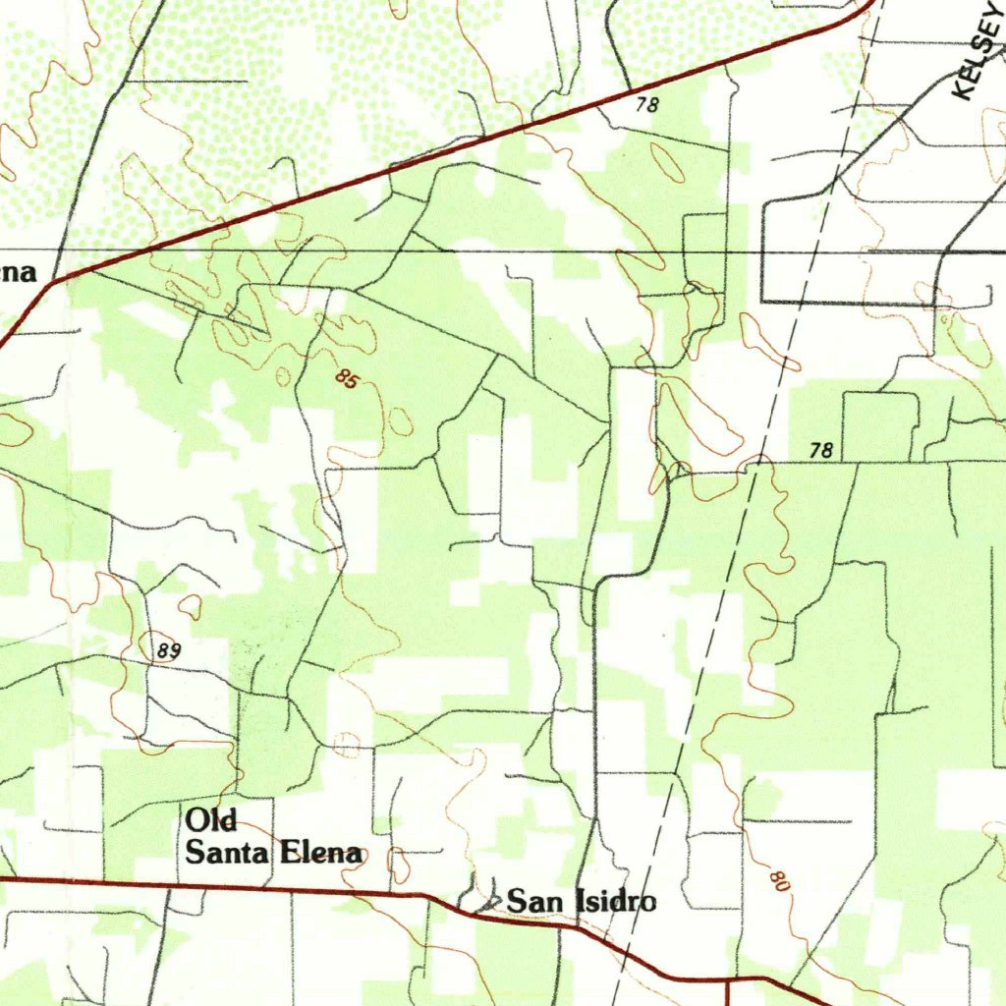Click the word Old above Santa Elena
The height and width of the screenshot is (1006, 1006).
click(213, 819)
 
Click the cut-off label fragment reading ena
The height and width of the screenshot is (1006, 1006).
click(18, 272)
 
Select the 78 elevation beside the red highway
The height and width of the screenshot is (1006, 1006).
click(645, 105)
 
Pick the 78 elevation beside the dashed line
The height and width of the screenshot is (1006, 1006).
click(821, 450)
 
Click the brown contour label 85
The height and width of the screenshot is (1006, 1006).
click(345, 378)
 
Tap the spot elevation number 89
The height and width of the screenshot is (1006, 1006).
click(169, 650)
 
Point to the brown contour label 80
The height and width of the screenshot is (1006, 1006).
click(779, 880)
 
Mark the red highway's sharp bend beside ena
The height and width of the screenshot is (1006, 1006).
click(52, 282)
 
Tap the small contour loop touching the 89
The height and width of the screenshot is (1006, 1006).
click(189, 608)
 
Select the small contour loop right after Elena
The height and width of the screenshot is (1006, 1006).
click(399, 865)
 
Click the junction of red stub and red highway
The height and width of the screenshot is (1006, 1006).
click(727, 978)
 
